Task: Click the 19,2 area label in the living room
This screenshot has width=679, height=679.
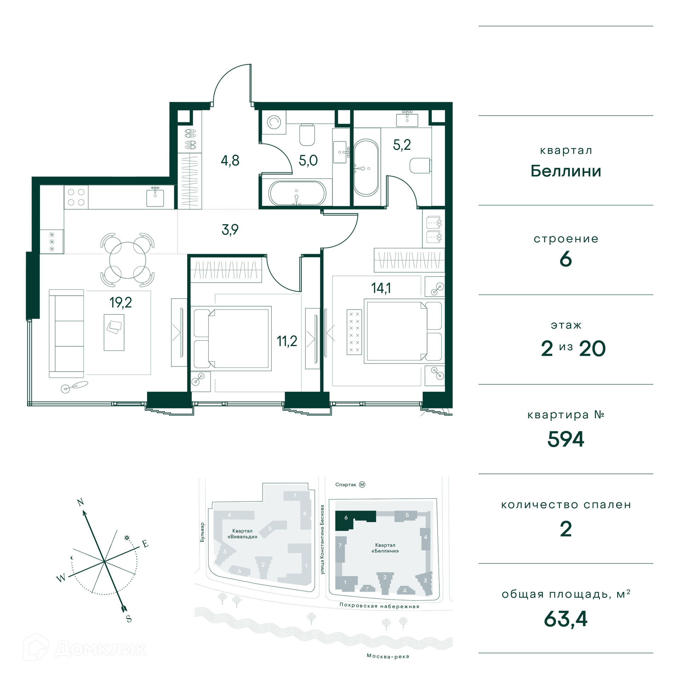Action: point(121,303)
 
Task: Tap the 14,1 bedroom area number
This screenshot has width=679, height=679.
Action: point(381,288)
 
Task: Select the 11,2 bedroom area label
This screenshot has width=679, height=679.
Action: point(287,341)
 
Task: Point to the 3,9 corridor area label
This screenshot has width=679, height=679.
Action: point(230,230)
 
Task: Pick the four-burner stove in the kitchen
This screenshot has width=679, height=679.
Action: point(76,197)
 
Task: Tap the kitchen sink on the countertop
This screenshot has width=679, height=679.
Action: point(155,197)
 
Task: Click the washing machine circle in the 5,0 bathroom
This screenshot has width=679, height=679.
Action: point(274,122)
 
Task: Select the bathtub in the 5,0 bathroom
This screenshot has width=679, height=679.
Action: point(297,193)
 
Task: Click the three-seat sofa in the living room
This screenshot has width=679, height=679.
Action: point(66,333)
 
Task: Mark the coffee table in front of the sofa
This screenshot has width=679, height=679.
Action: point(114,332)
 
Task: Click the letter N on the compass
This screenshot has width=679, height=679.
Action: point(81,502)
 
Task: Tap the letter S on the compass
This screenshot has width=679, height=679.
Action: point(129,619)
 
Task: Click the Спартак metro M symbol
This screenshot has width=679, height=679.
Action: point(362,484)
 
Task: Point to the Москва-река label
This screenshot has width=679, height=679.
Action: point(388,656)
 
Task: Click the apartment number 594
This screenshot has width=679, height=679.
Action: point(566,439)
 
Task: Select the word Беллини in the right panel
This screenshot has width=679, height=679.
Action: point(566,171)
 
